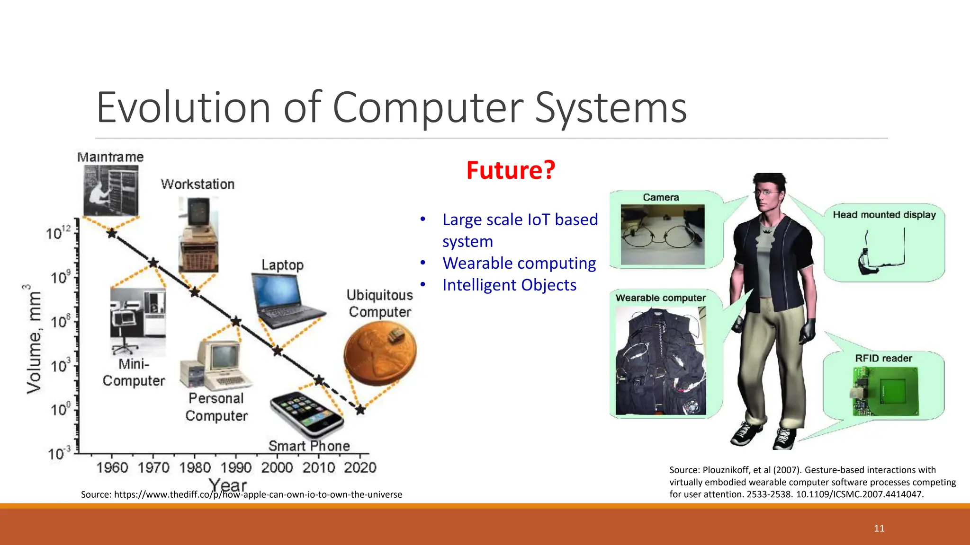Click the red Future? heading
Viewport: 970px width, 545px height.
(x=510, y=170)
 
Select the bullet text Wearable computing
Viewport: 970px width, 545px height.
(x=519, y=263)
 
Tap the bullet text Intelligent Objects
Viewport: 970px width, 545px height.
(x=509, y=285)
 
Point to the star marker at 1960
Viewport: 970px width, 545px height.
(x=112, y=233)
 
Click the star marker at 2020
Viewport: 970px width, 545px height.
(x=360, y=410)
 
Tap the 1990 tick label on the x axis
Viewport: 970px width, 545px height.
(x=236, y=468)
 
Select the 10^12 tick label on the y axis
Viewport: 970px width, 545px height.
(x=58, y=233)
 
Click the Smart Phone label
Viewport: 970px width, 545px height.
(x=309, y=446)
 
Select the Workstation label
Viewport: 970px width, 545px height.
(x=198, y=185)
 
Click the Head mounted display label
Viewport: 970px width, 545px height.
(x=884, y=215)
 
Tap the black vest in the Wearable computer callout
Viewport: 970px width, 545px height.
(x=660, y=361)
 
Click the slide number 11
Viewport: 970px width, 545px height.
(x=879, y=528)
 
